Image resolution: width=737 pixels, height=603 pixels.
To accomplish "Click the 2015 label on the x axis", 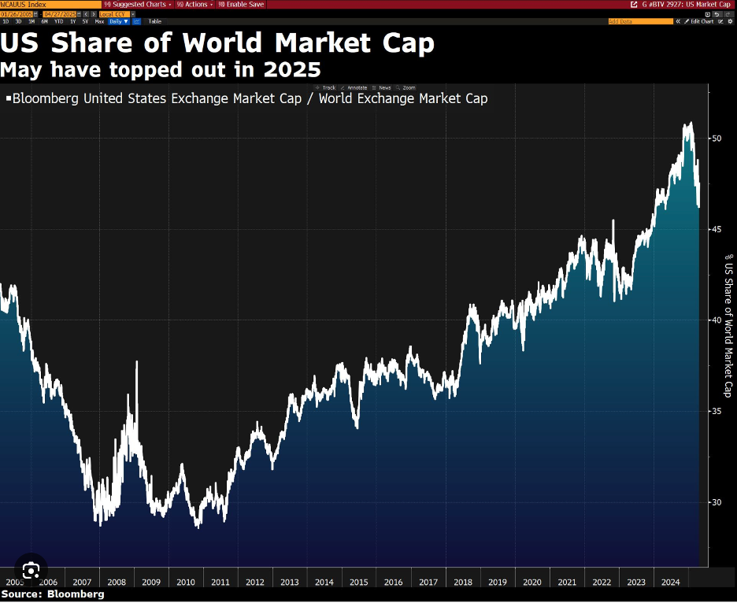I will [358, 582].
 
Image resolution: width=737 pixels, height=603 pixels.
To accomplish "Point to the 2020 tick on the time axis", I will [531, 582].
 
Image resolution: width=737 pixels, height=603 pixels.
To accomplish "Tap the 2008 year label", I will [116, 582].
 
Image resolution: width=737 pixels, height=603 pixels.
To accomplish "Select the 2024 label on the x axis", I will [670, 582].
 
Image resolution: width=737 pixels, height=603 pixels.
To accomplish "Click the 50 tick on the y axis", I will [716, 139].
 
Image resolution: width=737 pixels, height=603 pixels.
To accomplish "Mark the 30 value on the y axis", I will [716, 502].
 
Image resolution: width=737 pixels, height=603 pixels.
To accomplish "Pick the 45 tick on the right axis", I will [716, 229].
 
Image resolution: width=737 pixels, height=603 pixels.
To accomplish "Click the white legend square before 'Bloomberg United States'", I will [8, 99].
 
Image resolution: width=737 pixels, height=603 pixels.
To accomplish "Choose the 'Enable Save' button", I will [243, 4].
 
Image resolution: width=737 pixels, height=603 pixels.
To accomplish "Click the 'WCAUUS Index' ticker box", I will [28, 4].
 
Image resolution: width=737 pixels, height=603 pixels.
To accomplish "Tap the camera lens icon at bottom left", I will [31, 570].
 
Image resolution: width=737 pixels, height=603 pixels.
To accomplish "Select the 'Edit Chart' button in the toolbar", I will [700, 21].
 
